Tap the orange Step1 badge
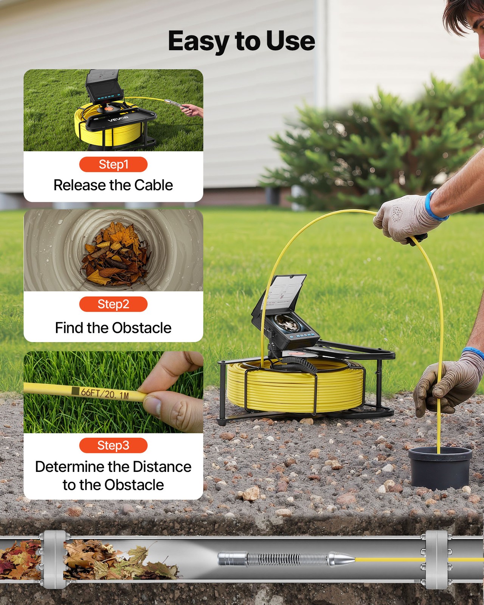point(113,164)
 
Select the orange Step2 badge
point(113,304)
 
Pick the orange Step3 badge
point(113,445)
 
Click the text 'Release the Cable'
point(113,185)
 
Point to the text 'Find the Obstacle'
point(113,328)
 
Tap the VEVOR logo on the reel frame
point(118,119)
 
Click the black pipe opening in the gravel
point(440,467)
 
